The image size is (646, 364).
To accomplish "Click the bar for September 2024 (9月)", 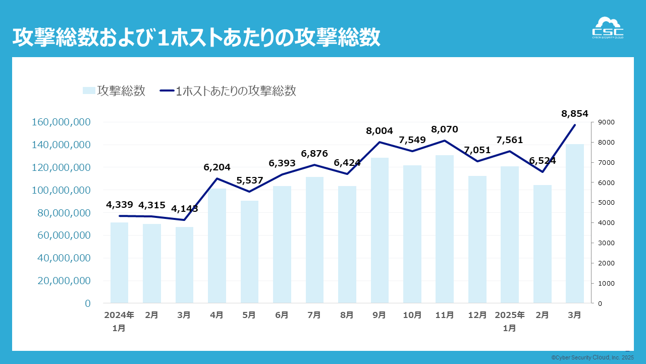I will point(380,231).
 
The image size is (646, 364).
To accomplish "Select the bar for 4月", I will point(217,246).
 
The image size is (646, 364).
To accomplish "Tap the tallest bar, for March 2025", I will point(574,223).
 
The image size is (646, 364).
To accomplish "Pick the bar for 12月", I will point(477,240).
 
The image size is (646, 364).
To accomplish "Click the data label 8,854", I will point(574,114).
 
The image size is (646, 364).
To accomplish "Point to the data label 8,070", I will point(444,129).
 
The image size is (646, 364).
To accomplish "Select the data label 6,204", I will point(217,167).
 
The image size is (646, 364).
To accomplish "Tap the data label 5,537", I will point(249,180).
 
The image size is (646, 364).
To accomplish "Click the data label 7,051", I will point(477,150).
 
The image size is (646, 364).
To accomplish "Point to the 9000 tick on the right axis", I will point(606,122).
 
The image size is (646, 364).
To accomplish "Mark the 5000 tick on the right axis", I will point(606,203).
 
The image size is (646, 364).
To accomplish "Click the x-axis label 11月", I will point(445,315).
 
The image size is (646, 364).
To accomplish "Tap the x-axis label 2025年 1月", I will point(509,321).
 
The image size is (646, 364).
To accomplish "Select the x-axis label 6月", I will point(282,315).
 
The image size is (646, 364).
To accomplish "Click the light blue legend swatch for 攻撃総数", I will point(89,91).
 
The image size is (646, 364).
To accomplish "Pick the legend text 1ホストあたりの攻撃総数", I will point(236,91).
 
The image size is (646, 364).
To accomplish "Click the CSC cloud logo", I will point(607,28).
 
